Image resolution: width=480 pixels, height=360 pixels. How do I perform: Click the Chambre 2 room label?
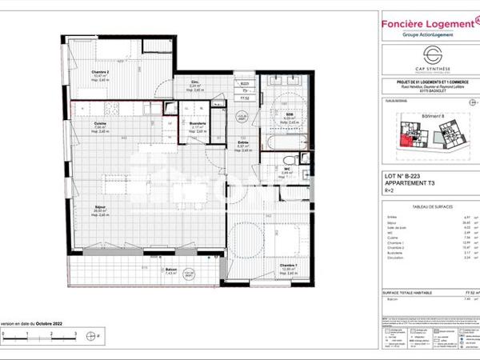pos(102,72)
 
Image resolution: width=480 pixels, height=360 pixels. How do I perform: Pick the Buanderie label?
pos(198,124)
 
